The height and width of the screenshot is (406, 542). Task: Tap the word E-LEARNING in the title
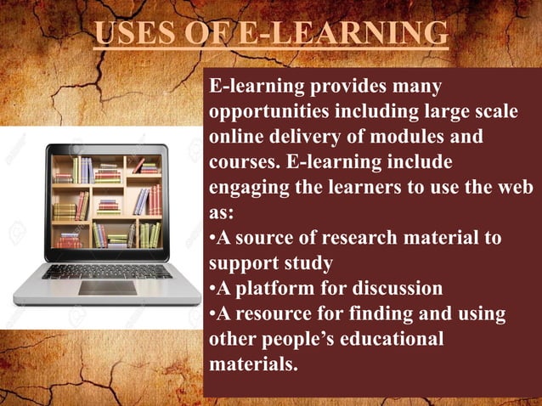click(x=343, y=33)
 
